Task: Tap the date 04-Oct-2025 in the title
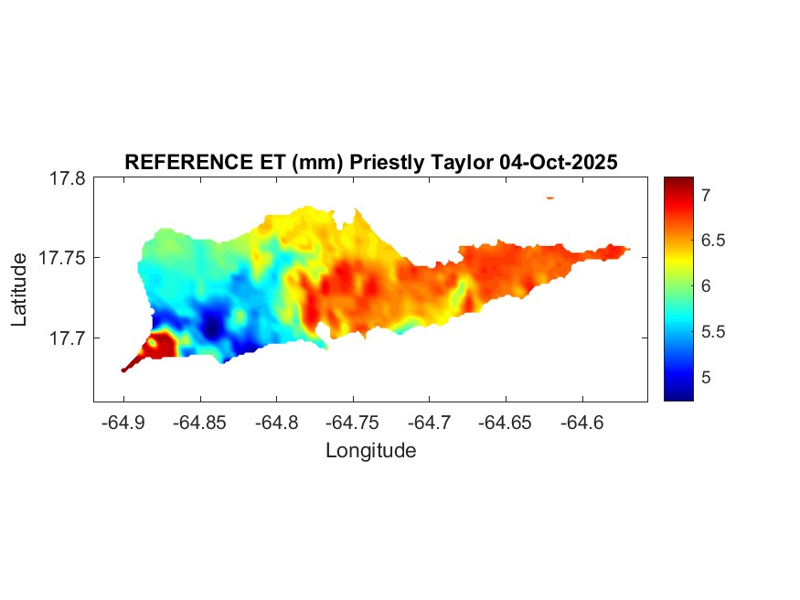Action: pos(560,162)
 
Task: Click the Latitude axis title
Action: pos(20,291)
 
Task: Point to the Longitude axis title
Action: pos(370,450)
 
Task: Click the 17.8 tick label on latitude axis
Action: pos(69,179)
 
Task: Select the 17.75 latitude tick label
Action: pos(63,258)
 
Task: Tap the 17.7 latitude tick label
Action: pos(69,338)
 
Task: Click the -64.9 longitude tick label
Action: pos(124,423)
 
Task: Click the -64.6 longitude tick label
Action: pos(581,423)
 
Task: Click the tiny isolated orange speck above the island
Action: pos(550,197)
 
